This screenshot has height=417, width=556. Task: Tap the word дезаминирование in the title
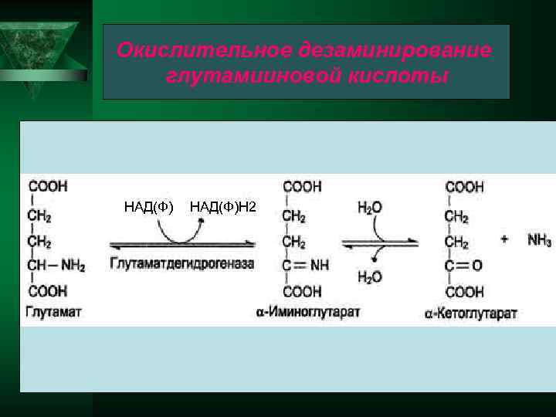point(393,51)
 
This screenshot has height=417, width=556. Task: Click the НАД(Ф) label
point(149,206)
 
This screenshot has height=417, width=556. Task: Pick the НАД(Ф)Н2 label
point(224,206)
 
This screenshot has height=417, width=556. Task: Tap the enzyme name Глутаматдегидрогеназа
point(182,263)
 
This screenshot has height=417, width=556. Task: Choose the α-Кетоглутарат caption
point(470,313)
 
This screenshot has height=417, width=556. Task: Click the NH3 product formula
point(539,240)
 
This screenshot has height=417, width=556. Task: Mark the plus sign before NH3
point(504,239)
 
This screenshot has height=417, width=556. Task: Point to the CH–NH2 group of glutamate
point(56,266)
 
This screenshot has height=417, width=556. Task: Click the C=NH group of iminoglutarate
point(306,266)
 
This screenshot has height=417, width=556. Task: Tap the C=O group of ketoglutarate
point(464,266)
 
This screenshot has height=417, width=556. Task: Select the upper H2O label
point(370,207)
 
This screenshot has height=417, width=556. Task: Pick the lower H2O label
point(370,277)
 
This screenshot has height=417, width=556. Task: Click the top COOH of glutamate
point(48,186)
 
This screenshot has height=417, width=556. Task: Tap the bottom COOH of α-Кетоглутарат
point(465,292)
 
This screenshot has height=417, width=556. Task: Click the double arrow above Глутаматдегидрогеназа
point(182,245)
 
